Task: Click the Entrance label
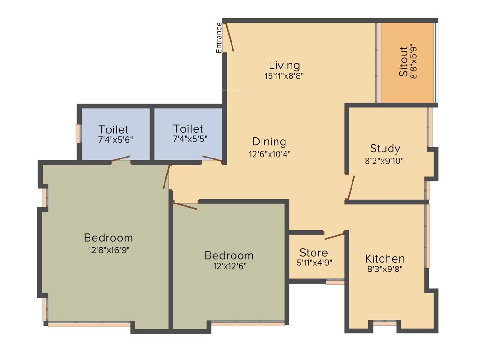click(218, 37)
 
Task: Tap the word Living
click(284, 65)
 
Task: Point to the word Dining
click(269, 142)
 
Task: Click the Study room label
click(385, 149)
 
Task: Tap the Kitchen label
click(385, 259)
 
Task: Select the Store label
click(314, 253)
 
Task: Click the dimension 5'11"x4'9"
click(314, 263)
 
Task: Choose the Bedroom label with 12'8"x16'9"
click(108, 238)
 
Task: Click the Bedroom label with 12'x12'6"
click(229, 255)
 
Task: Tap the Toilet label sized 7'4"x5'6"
click(113, 129)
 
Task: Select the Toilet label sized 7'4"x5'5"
click(188, 128)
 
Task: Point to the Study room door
click(351, 187)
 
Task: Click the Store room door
click(335, 235)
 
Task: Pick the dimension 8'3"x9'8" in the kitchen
click(385, 269)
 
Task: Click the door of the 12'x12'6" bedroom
click(186, 205)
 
